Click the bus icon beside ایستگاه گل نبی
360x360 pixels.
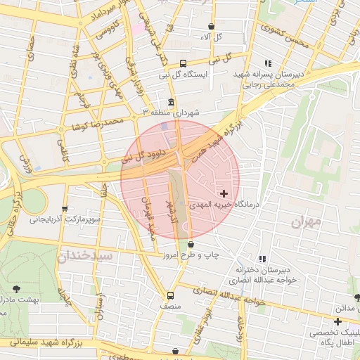(183, 63)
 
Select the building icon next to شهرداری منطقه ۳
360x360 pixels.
(172, 102)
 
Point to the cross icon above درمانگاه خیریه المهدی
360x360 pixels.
(224, 193)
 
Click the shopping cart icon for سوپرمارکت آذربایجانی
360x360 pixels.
(65, 209)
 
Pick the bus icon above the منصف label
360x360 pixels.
(170, 295)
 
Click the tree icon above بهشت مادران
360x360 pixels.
(17, 288)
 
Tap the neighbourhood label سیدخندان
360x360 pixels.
(84, 255)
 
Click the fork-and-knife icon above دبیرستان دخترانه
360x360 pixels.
(263, 259)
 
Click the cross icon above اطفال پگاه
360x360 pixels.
(337, 321)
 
